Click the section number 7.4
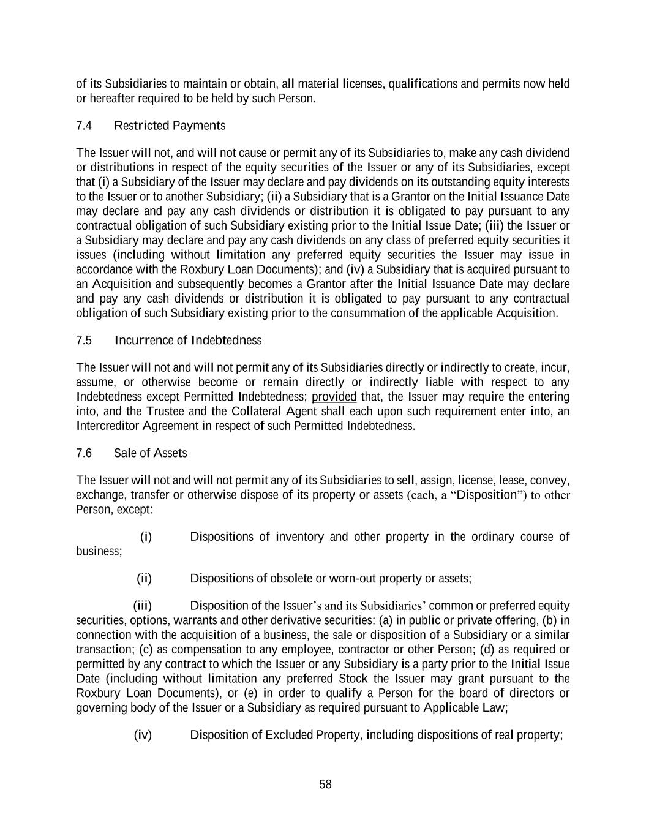[x=84, y=126]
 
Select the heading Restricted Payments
[x=170, y=126]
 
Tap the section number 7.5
[x=84, y=341]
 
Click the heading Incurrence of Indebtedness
[x=188, y=341]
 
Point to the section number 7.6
[x=84, y=453]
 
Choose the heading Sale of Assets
[x=151, y=453]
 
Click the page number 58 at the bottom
[x=325, y=785]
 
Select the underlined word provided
[x=334, y=397]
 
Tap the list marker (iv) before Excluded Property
[x=143, y=735]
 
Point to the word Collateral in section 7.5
[x=257, y=412]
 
